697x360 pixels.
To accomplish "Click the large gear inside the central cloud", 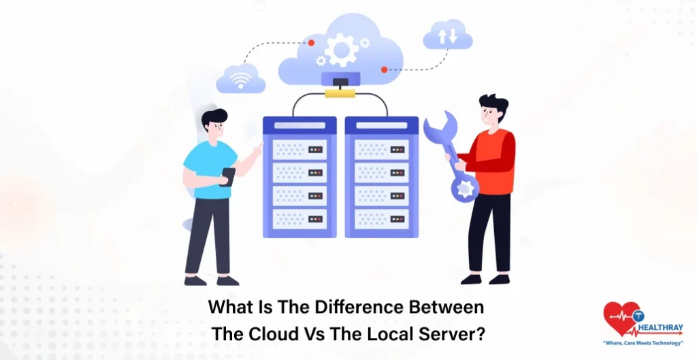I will pyautogui.click(x=341, y=50).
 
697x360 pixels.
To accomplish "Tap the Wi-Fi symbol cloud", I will pyautogui.click(x=240, y=80).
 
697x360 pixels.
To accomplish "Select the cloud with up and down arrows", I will pyautogui.click(x=447, y=35).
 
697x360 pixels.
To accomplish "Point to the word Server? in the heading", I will pyautogui.click(x=453, y=334).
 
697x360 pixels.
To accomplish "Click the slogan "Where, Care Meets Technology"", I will pyautogui.click(x=643, y=343).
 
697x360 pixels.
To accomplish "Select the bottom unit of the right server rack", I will pyautogui.click(x=381, y=218).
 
